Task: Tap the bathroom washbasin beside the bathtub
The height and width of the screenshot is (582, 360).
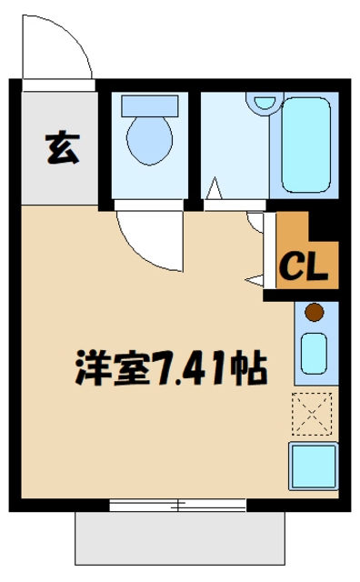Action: (265, 103)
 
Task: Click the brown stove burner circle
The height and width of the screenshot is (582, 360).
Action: (315, 314)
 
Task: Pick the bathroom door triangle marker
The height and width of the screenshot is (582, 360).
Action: (214, 192)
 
